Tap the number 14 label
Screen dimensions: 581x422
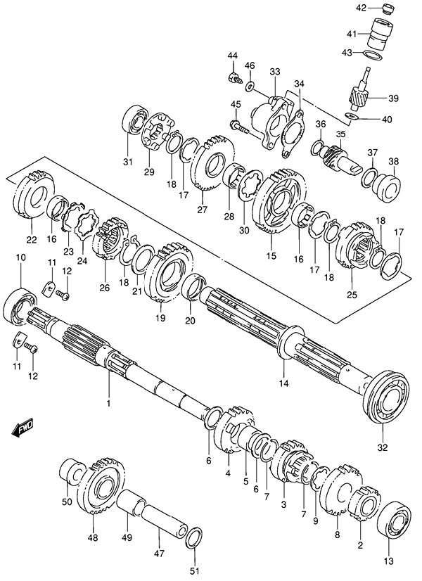[283, 383]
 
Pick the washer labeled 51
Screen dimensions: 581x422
[196, 538]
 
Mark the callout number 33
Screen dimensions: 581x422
[274, 71]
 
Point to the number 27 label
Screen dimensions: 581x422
[203, 207]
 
